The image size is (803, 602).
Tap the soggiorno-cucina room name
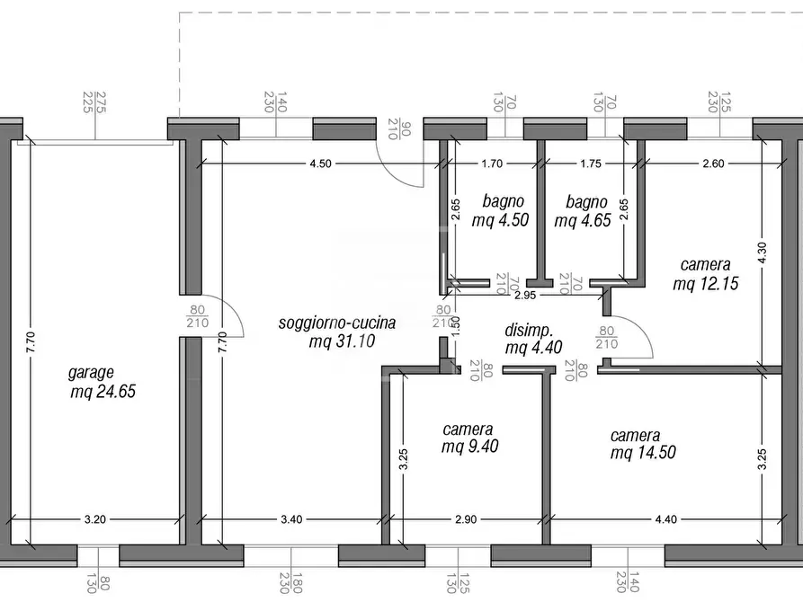[336, 323]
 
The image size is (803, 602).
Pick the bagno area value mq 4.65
[584, 220]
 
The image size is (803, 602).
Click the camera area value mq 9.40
[469, 447]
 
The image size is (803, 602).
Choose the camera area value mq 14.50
[643, 454]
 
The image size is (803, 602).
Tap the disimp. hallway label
[528, 329]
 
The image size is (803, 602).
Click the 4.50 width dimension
[321, 164]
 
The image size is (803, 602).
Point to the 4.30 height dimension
[763, 254]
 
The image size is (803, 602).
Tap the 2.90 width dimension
[467, 518]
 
